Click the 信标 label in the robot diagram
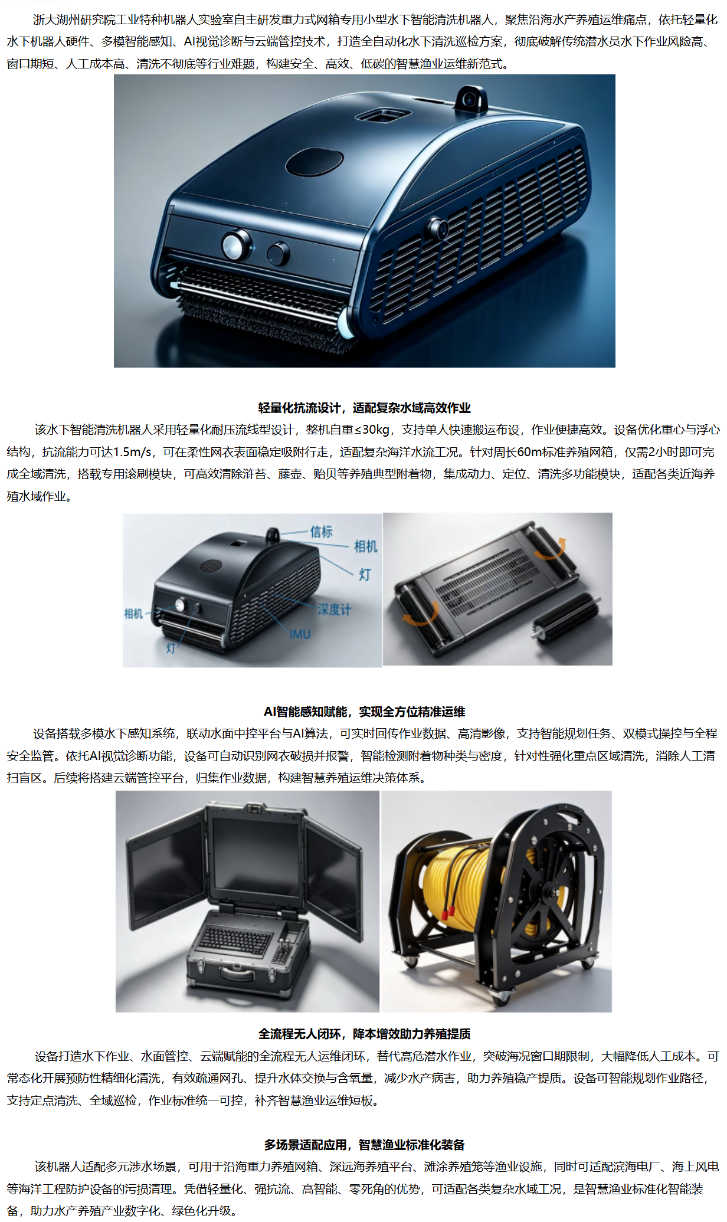pyautogui.click(x=322, y=532)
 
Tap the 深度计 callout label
pyautogui.click(x=334, y=610)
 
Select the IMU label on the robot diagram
pyautogui.click(x=300, y=634)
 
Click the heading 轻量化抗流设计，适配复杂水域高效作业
pyautogui.click(x=364, y=408)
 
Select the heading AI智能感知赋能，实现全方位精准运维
pyautogui.click(x=364, y=712)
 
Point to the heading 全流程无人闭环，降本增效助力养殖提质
pyautogui.click(x=364, y=1034)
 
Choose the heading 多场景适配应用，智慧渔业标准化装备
pyautogui.click(x=364, y=1145)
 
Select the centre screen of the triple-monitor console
pyautogui.click(x=255, y=854)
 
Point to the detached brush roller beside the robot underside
pyautogui.click(x=565, y=618)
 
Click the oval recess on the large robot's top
pyautogui.click(x=315, y=161)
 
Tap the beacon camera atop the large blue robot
pyautogui.click(x=471, y=97)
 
